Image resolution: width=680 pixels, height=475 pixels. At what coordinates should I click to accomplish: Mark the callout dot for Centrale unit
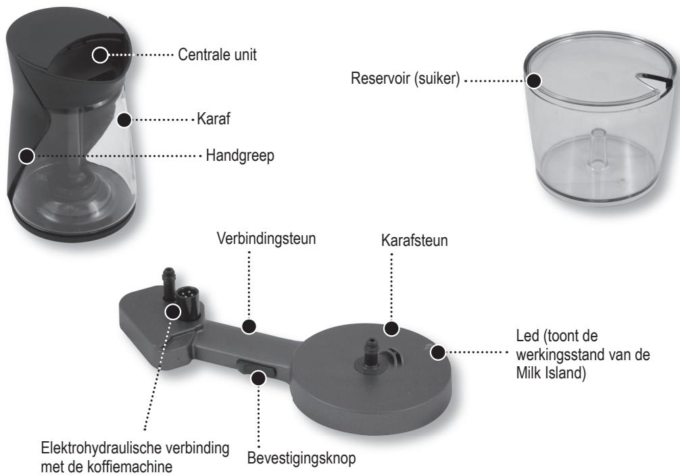100,55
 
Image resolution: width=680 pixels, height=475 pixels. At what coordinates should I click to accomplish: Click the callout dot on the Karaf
124,120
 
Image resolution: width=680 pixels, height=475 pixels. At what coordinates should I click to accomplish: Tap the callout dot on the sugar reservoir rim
534,80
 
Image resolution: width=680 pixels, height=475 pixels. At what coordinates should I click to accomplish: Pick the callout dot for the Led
439,352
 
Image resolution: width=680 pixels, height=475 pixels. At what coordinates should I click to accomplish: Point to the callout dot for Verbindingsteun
249,326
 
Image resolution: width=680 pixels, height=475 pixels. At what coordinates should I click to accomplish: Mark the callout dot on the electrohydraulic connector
172,311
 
